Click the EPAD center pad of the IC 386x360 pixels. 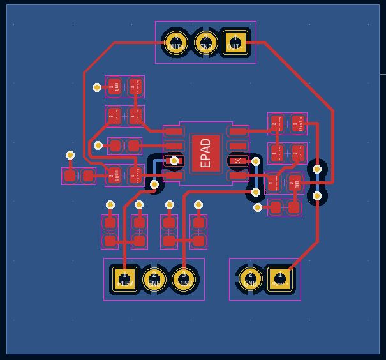[x=205, y=153]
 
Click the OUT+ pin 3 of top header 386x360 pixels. [x=175, y=43]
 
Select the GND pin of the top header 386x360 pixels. [x=205, y=43]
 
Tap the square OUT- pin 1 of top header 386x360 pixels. [x=235, y=43]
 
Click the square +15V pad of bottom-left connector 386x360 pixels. [x=124, y=279]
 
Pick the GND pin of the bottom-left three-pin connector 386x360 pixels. [x=154, y=279]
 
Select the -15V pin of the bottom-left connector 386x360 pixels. [x=184, y=279]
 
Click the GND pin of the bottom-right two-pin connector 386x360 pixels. [x=250, y=278]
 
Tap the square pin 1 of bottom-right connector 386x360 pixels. [x=280, y=278]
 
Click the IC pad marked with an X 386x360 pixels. [x=238, y=161]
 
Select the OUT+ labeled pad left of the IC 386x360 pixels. [x=114, y=175]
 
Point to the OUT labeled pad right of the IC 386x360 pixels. [x=294, y=183]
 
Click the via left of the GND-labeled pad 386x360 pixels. [x=97, y=87]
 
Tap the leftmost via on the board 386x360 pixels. [x=70, y=155]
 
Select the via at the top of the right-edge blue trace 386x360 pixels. [x=317, y=169]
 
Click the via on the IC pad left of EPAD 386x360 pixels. [x=174, y=161]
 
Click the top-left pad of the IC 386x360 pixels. [x=174, y=131]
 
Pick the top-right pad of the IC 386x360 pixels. [x=238, y=131]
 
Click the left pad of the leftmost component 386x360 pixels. [x=70, y=176]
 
